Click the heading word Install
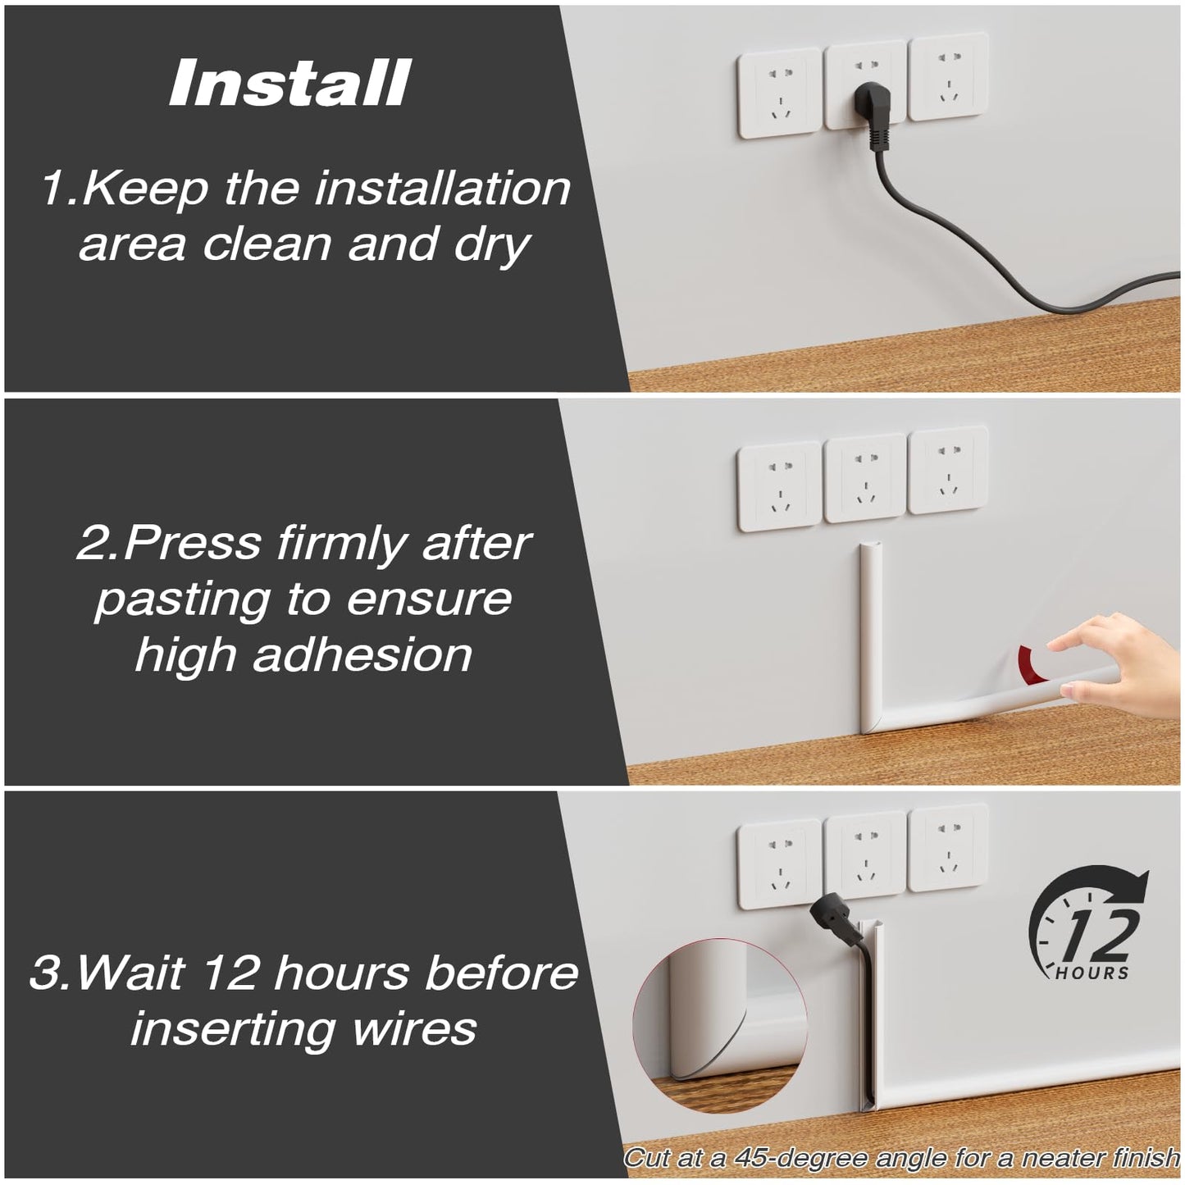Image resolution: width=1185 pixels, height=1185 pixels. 289,84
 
